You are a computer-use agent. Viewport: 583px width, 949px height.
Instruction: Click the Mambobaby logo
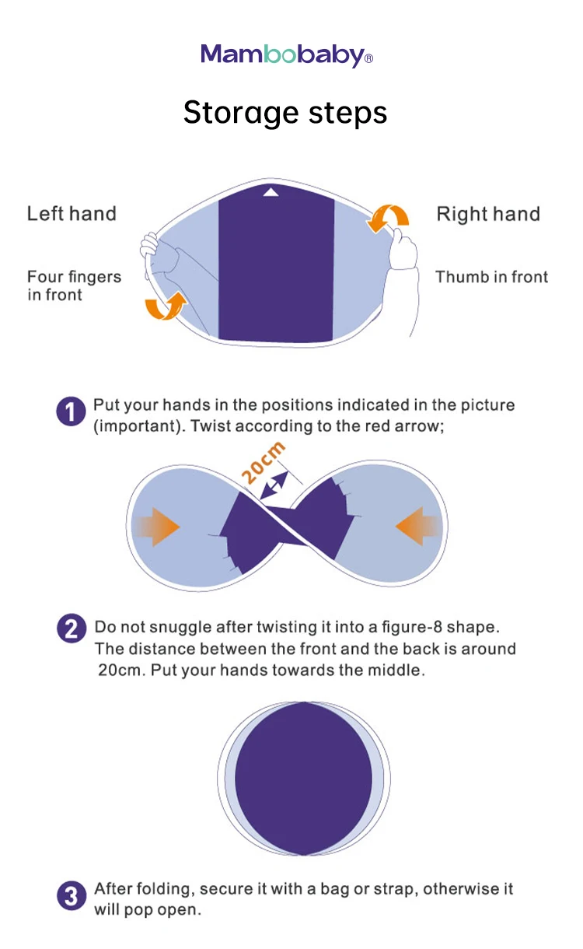[287, 55]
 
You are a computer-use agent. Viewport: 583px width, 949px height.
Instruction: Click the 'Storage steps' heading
[285, 113]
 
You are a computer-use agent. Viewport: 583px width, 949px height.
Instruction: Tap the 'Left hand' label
[72, 213]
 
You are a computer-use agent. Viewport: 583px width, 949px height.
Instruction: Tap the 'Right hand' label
[488, 214]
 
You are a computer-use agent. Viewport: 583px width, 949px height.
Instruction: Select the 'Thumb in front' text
[491, 277]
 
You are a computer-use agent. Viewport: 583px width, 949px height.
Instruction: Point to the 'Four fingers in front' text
[74, 285]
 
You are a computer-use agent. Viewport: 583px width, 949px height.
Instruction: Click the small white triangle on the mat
[271, 193]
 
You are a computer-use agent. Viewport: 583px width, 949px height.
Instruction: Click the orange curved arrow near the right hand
[387, 218]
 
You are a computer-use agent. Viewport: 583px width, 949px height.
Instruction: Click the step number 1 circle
[71, 411]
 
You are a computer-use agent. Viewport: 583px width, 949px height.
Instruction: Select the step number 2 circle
[72, 628]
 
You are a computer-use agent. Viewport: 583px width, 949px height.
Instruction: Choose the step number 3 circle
[72, 895]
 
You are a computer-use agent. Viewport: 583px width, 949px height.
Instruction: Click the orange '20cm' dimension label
[263, 462]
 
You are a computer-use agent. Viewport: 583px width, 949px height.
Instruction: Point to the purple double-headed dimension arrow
[274, 485]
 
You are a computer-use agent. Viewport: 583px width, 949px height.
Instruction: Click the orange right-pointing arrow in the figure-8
[156, 527]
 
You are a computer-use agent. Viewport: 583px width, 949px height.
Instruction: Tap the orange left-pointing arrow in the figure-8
[418, 526]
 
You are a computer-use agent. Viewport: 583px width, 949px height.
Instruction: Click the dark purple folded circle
[304, 778]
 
